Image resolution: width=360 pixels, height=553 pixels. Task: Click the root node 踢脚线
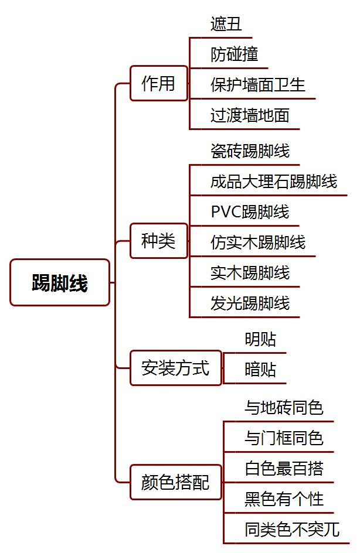pos(60,283)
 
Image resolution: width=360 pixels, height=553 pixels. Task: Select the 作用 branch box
pos(158,84)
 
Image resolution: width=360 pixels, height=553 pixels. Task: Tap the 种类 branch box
pos(158,241)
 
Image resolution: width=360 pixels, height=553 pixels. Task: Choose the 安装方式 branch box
pos(175,368)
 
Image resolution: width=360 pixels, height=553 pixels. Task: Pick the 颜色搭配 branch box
pos(175,483)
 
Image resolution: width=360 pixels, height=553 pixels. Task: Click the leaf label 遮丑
pos(226,24)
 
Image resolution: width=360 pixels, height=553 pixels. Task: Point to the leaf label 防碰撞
pos(235,54)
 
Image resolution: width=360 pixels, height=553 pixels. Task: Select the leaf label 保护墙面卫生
pos(258,85)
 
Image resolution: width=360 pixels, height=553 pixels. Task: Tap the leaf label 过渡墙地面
pos(250,115)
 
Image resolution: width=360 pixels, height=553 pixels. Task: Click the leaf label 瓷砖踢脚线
pos(250,151)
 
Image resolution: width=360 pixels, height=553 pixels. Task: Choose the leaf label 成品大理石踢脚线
pos(274,181)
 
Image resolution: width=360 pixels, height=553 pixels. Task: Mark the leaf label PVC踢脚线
pos(250,211)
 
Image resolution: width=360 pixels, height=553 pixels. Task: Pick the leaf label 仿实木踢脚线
pos(258,242)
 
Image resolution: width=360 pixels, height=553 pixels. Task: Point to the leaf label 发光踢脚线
pos(250,303)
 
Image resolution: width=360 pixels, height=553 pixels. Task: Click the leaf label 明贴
pos(260,339)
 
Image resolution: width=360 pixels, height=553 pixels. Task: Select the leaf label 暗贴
pos(260,370)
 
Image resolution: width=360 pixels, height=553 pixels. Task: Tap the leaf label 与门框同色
pos(284,438)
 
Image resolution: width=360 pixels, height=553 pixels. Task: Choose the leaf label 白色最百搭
pos(284,468)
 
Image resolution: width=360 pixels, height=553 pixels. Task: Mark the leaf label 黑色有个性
pos(284,499)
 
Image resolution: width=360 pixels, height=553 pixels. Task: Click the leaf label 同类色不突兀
pos(292,529)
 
